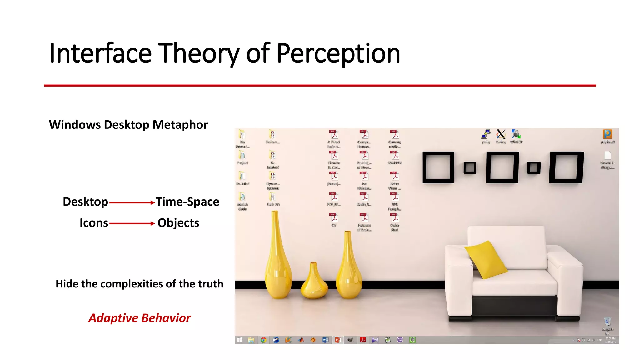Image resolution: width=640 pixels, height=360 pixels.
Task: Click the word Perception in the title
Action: click(338, 54)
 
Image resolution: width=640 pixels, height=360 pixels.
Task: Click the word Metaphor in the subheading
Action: click(180, 125)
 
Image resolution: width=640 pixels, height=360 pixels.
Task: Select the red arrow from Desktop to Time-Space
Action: click(132, 203)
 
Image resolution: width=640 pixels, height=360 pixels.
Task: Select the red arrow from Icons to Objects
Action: click(132, 223)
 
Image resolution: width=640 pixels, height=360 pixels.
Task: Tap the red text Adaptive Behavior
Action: click(139, 318)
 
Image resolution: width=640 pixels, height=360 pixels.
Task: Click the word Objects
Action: click(178, 223)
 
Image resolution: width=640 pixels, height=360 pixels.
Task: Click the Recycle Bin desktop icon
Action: click(607, 322)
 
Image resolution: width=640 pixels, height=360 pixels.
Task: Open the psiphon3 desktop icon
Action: click(607, 135)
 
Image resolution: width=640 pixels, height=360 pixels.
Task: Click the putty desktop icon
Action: click(486, 135)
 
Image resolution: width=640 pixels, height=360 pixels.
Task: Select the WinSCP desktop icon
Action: click(516, 135)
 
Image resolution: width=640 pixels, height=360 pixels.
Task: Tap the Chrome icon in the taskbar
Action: click(263, 340)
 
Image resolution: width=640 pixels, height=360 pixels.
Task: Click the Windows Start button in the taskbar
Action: click(240, 340)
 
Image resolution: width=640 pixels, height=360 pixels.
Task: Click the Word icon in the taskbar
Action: click(325, 340)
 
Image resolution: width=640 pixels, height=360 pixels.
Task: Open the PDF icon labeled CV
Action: click(334, 218)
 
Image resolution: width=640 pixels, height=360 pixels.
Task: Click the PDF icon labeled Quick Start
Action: click(394, 218)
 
